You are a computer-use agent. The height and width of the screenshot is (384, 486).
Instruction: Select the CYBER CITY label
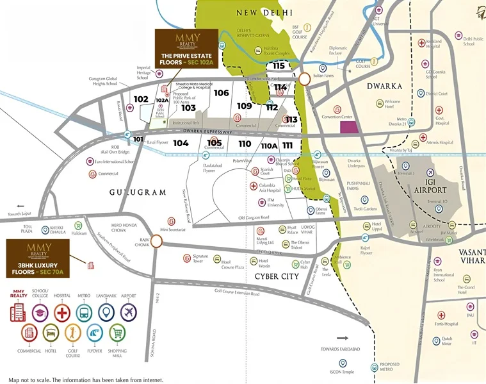(277, 276)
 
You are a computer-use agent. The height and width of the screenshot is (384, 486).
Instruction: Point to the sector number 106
(222, 93)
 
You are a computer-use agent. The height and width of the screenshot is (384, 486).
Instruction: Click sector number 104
(181, 143)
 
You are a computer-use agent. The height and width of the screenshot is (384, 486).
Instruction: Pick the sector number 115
(279, 66)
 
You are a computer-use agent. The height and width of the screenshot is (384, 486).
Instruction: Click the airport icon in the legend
(128, 313)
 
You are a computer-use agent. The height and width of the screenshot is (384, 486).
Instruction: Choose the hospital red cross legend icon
(62, 313)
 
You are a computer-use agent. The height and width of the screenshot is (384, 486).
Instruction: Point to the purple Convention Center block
(350, 126)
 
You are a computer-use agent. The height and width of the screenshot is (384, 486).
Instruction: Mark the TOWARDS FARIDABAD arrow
(343, 338)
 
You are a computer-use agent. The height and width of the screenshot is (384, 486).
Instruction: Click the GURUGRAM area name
(138, 192)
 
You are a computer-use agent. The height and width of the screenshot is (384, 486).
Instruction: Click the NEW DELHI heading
(264, 12)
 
